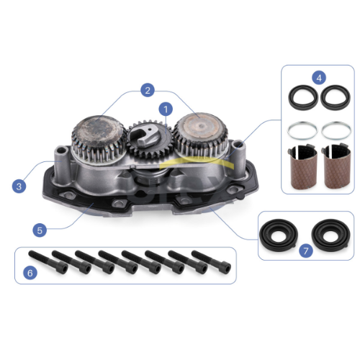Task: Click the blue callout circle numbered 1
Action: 166,109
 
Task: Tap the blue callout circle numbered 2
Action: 148,90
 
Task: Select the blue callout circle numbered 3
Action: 19,186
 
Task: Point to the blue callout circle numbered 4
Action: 319,78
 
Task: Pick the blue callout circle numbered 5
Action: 40,230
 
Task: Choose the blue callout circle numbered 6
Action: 30,273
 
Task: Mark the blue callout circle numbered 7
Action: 306,251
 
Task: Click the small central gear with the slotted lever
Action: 149,139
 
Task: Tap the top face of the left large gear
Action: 99,131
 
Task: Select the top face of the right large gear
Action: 201,127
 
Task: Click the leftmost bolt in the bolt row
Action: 48,262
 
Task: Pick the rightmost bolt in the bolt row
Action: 211,262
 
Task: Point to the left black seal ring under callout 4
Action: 303,97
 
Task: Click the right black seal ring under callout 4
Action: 336,97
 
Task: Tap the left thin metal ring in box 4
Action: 302,131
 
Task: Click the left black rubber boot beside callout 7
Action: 279,235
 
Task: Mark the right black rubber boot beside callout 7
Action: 331,235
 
